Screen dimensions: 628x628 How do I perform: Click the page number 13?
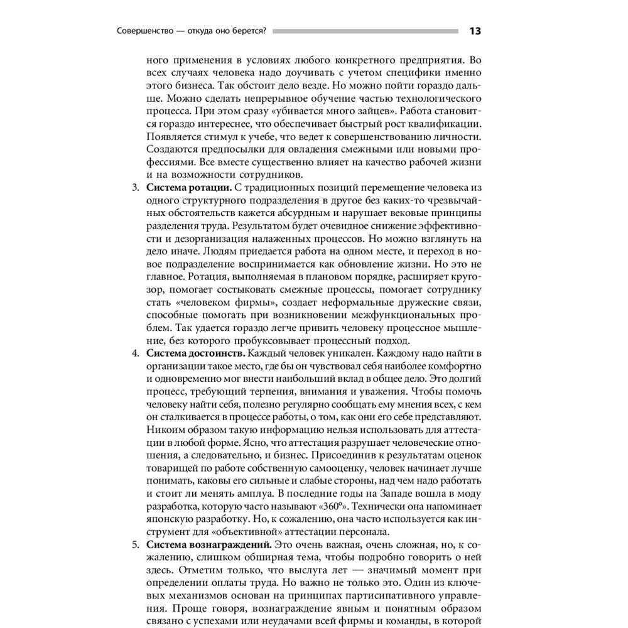(475, 31)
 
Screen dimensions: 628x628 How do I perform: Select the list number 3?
(134, 188)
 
